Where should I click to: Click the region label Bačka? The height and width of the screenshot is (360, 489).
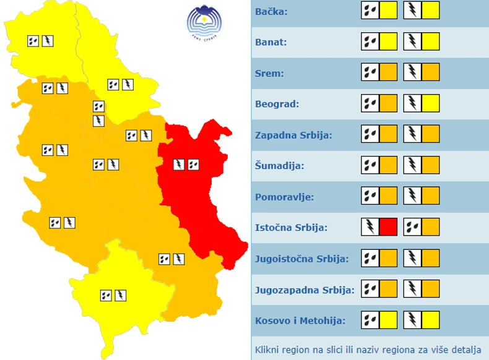click(271, 12)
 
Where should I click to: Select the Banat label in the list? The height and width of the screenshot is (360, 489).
click(270, 43)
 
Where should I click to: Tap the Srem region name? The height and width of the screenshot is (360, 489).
click(269, 74)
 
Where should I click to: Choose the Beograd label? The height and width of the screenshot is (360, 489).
click(277, 104)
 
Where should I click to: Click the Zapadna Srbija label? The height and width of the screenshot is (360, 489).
click(293, 135)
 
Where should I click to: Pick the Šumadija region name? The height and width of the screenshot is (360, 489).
click(279, 166)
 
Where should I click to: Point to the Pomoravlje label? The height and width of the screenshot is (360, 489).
click(284, 197)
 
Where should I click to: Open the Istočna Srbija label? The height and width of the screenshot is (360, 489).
click(291, 228)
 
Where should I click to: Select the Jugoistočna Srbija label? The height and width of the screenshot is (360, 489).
click(301, 259)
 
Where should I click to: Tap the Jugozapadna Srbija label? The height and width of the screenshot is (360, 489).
click(305, 289)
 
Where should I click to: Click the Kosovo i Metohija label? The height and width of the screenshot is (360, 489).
click(300, 320)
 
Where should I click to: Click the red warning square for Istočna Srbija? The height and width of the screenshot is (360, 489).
click(388, 227)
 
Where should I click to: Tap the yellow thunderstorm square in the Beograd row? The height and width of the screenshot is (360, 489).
click(431, 103)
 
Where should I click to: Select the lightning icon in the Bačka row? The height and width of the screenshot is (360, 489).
click(412, 11)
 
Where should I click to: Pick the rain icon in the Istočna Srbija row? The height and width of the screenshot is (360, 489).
click(412, 227)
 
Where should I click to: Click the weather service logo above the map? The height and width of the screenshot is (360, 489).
click(204, 22)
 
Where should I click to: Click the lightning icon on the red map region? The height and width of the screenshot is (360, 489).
click(178, 165)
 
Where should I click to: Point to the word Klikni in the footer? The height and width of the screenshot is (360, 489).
click(268, 349)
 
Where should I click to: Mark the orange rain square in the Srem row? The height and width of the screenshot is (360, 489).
click(388, 72)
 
